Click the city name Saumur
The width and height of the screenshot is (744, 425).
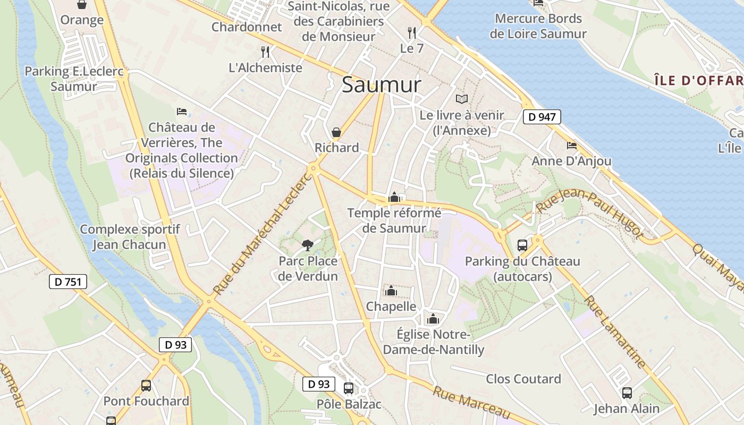[381, 85]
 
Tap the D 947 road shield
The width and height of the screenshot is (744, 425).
[542, 117]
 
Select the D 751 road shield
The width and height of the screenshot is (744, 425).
[67, 282]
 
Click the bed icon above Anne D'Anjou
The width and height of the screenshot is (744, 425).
[572, 145]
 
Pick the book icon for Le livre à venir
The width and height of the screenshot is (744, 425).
[462, 99]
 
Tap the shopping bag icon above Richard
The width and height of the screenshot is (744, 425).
[336, 132]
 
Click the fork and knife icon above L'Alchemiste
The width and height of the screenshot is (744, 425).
[266, 52]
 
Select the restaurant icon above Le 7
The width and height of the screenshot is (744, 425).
[412, 32]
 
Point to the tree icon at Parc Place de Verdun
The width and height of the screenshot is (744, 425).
[307, 245]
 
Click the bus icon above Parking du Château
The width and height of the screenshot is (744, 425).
[522, 245]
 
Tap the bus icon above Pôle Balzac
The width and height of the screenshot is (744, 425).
[349, 388]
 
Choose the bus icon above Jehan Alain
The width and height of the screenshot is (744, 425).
[627, 393]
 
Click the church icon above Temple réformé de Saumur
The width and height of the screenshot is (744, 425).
[394, 197]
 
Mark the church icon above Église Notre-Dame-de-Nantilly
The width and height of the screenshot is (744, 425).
[433, 319]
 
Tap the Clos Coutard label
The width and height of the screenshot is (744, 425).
[523, 379]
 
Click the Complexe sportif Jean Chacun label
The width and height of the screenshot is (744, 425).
[130, 237]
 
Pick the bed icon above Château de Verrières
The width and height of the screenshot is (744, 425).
[182, 112]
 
